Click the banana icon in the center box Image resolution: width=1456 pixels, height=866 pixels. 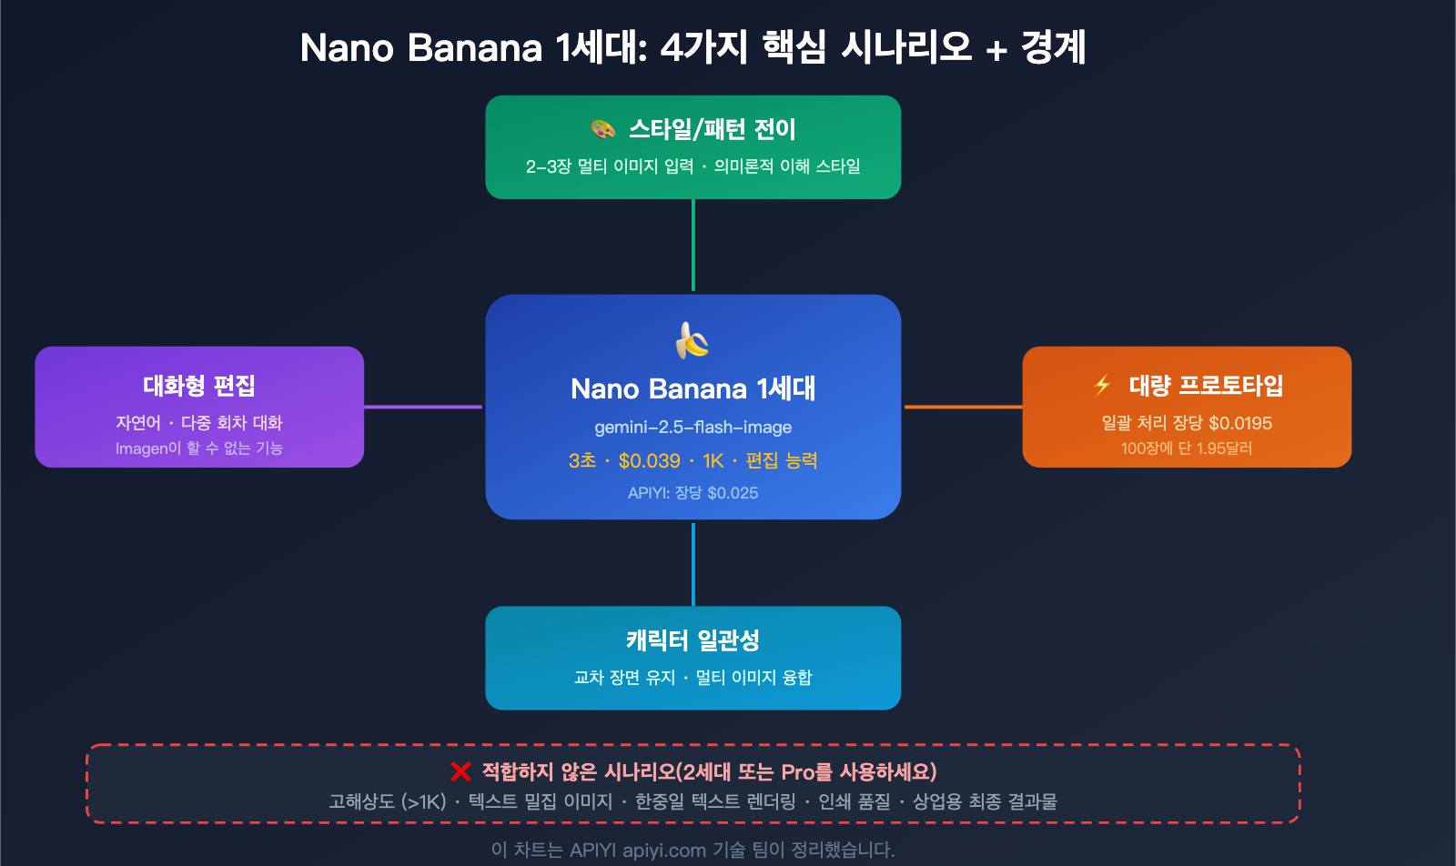(693, 341)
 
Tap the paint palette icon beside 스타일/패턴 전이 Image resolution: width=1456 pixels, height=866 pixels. (603, 129)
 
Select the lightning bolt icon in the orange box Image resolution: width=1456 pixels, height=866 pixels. (1103, 386)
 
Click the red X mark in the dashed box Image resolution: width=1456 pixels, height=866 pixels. (460, 772)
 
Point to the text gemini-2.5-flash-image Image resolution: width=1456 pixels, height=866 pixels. (693, 428)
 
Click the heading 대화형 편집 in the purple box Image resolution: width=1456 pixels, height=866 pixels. (199, 386)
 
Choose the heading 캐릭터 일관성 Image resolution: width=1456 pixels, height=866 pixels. (693, 640)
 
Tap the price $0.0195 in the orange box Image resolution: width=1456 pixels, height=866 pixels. (1240, 423)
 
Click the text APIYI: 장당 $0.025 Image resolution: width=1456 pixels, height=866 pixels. (693, 493)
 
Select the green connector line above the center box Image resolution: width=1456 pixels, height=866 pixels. (693, 246)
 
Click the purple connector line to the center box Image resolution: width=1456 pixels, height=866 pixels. (423, 407)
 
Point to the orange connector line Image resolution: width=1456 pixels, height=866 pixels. (963, 407)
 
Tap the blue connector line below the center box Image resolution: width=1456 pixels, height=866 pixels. (693, 563)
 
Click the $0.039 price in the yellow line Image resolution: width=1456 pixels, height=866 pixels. (649, 461)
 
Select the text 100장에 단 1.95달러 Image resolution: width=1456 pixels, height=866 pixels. (1187, 448)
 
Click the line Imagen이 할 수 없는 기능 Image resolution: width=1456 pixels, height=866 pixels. (199, 448)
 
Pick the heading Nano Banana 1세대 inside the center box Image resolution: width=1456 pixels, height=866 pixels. (693, 389)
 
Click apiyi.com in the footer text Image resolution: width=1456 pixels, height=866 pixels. (664, 851)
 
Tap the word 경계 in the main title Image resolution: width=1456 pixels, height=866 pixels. (1054, 47)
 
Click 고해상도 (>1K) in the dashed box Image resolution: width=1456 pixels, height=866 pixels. (388, 801)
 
